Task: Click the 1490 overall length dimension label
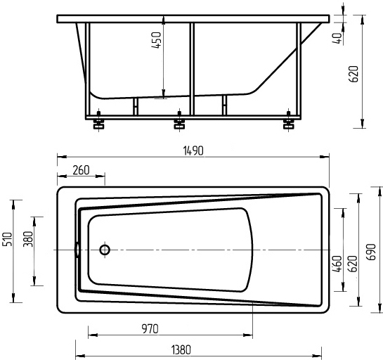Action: tap(193, 150)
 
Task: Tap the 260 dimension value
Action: tap(81, 170)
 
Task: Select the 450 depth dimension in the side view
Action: tap(156, 40)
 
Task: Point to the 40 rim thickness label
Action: tap(337, 38)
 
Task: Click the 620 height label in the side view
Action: tap(353, 74)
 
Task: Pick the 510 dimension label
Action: tap(7, 239)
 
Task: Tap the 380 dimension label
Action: tap(28, 239)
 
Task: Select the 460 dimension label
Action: tap(337, 264)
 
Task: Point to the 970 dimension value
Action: tap(150, 329)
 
